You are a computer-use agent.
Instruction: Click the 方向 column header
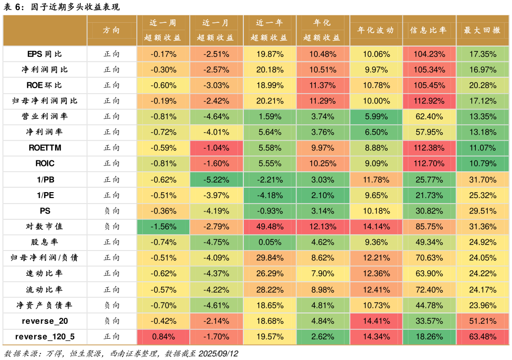click(x=112, y=30)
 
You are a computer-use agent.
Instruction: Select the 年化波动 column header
click(x=376, y=30)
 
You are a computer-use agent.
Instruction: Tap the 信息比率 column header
click(x=429, y=30)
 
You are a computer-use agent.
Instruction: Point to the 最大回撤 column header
click(x=482, y=30)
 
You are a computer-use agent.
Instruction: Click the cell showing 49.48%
click(x=270, y=227)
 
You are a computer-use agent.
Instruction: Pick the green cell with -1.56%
click(x=163, y=227)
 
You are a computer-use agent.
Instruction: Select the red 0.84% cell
click(x=163, y=337)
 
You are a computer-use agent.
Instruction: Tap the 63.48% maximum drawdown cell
click(x=482, y=337)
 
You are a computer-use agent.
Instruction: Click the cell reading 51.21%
click(x=482, y=321)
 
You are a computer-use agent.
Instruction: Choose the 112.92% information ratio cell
click(x=429, y=101)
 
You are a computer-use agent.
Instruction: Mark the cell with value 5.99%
click(x=376, y=117)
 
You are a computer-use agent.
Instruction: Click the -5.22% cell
click(x=216, y=180)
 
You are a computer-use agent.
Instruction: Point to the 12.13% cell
click(x=323, y=227)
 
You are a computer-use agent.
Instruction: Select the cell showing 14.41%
click(x=376, y=321)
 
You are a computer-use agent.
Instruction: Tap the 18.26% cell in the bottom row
click(x=429, y=337)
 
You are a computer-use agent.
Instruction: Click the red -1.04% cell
click(x=216, y=148)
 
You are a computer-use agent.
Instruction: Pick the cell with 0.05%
click(x=270, y=242)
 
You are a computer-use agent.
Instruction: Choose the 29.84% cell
click(x=270, y=258)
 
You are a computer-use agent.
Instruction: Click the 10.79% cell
click(x=482, y=164)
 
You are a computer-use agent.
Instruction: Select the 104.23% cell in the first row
click(x=429, y=54)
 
